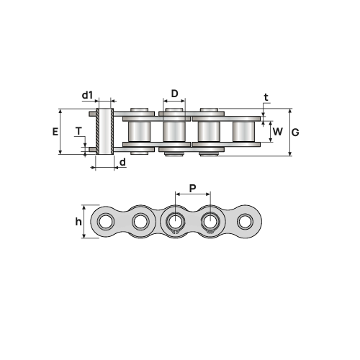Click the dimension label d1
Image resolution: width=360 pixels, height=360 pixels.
[87, 95]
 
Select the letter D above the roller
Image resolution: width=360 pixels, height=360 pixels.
[174, 94]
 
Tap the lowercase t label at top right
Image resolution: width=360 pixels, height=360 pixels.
[266, 97]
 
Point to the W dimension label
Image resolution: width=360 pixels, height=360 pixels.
[278, 132]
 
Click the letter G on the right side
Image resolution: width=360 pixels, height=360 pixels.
[295, 132]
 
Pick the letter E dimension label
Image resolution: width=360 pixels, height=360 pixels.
[55, 132]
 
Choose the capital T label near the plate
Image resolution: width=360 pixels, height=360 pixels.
[78, 131]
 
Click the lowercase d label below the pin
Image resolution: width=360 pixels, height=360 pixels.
[122, 162]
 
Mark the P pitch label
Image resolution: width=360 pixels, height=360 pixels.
[192, 189]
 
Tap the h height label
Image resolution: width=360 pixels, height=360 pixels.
[78, 222]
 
